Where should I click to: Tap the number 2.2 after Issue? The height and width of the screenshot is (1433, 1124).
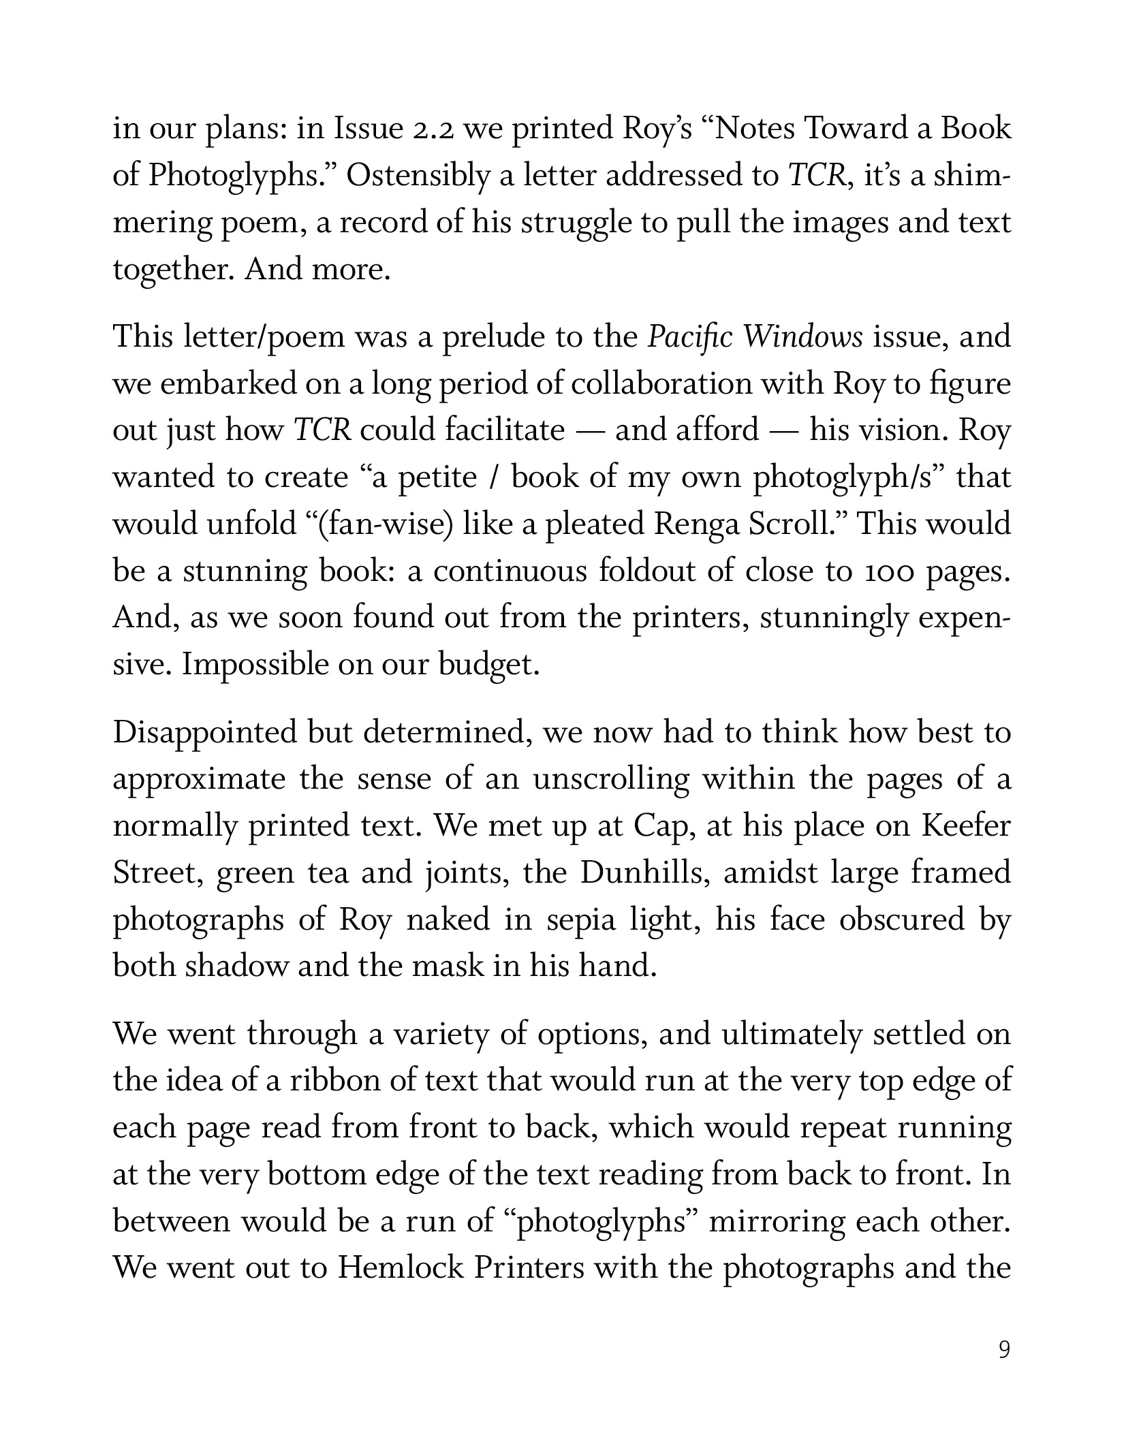point(434,129)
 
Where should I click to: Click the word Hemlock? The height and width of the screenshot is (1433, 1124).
point(399,1267)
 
